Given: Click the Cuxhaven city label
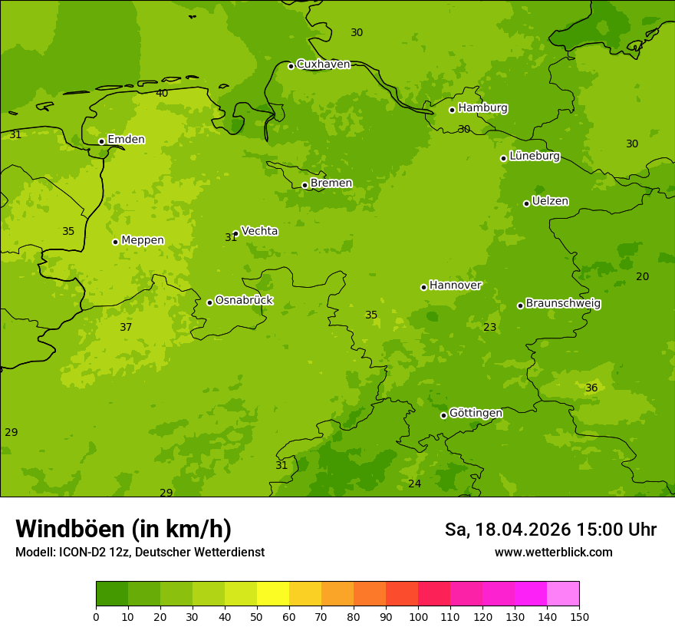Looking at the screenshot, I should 323,64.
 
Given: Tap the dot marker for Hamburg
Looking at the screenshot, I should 453,110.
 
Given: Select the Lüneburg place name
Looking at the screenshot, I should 535,156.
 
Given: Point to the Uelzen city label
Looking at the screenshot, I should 550,201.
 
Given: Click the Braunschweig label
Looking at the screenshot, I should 563,303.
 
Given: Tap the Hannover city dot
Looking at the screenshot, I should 423,287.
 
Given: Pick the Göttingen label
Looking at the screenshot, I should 476,413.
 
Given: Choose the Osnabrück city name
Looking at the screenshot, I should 244,300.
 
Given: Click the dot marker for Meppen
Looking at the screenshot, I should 115,242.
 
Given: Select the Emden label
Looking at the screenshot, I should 126,139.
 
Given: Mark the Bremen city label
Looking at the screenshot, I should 331,183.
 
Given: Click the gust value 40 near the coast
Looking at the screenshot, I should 162,93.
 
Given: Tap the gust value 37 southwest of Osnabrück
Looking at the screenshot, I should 126,327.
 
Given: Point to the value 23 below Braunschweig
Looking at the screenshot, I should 490,327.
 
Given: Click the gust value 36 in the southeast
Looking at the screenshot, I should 591,388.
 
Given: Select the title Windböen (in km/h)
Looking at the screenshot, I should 123,529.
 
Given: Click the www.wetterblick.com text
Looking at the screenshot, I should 553,552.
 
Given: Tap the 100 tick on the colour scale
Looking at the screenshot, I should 418,616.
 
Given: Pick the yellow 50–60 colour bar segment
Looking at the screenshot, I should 273,594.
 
